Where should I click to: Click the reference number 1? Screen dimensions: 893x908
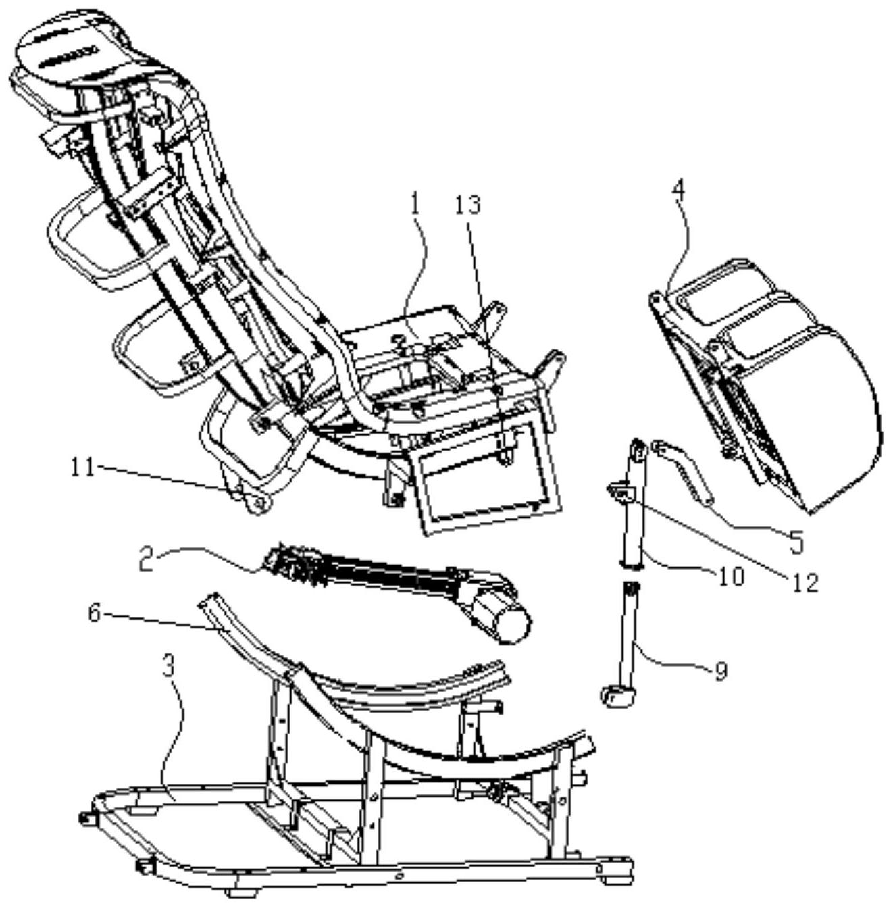pyautogui.click(x=415, y=207)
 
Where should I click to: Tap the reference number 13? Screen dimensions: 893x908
pyautogui.click(x=469, y=205)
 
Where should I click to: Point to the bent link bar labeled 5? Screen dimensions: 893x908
pyautogui.click(x=681, y=472)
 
